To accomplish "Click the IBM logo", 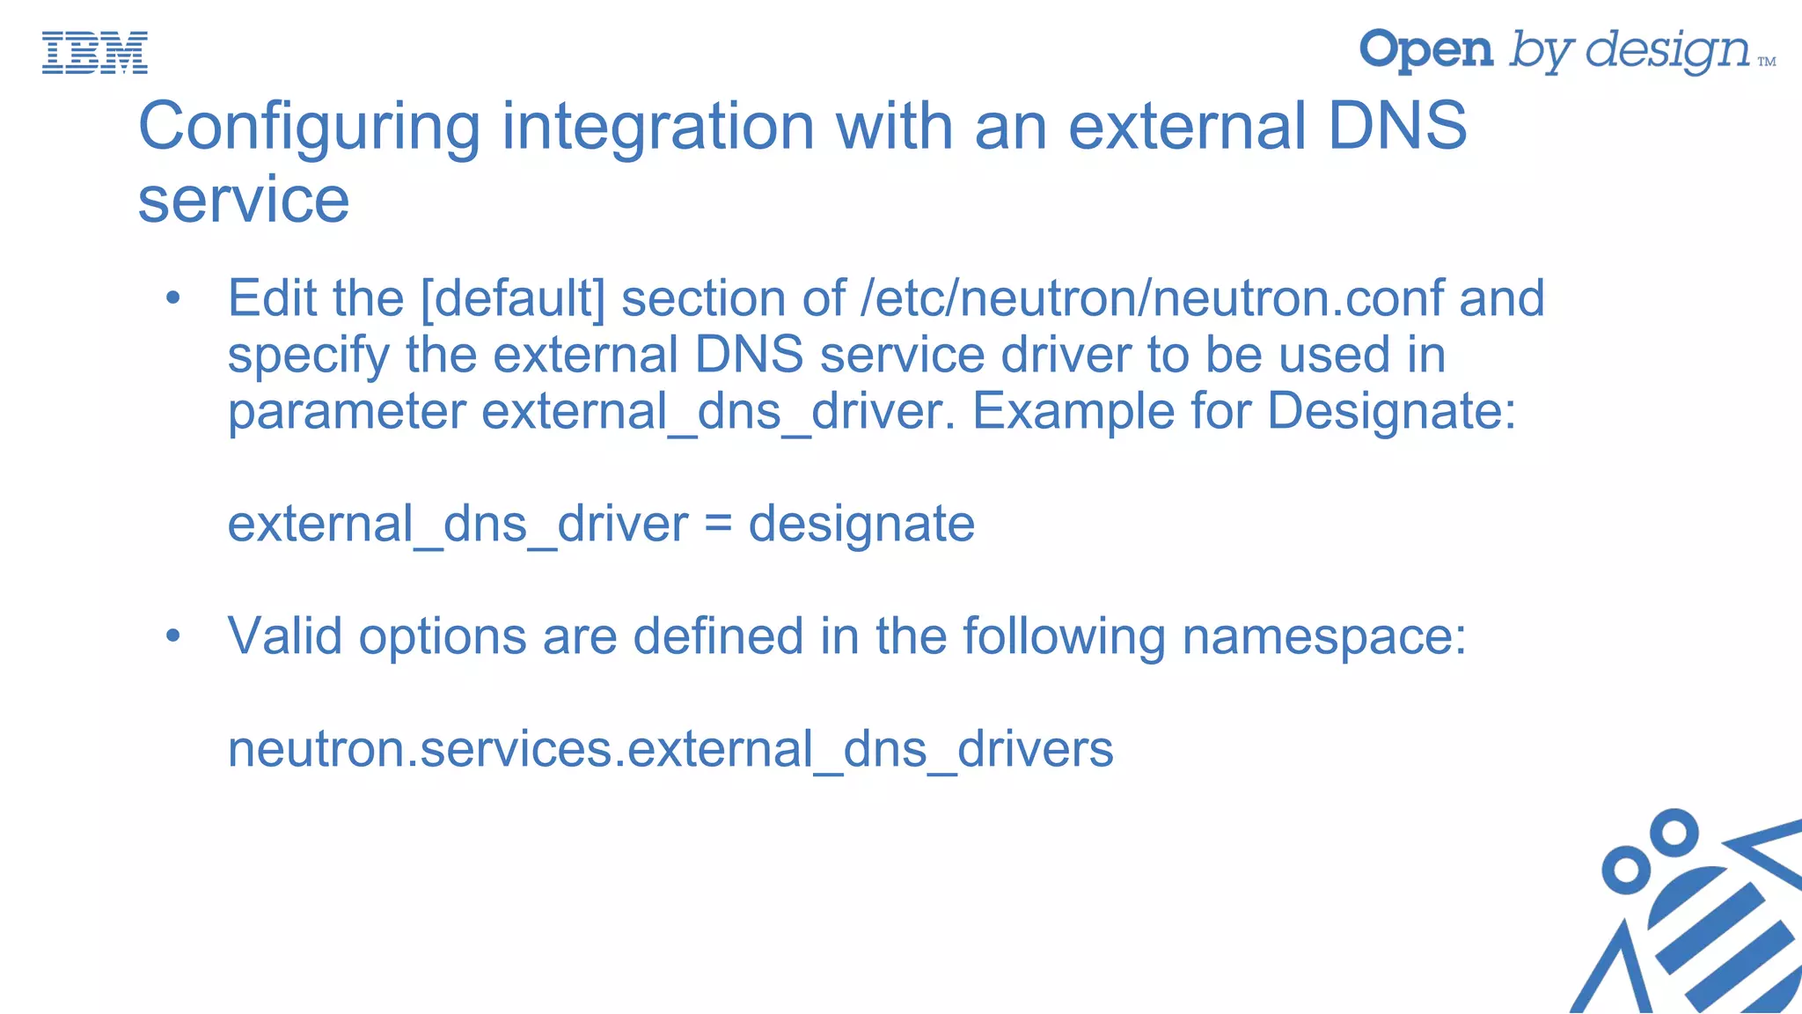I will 95,53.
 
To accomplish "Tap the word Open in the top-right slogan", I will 1425,50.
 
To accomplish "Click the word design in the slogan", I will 1667,51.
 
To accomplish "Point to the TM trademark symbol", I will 1766,62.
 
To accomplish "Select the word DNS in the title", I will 1396,126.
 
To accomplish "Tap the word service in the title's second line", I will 244,200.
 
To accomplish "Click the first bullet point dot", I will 172,298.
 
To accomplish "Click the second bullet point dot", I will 172,636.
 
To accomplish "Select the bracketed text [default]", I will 513,298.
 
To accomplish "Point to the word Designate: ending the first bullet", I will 1391,411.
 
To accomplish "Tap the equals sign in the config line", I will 718,525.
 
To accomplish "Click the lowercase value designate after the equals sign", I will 861,525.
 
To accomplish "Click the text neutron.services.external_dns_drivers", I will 670,749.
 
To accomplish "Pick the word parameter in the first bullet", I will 347,411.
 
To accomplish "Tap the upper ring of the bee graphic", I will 1673,832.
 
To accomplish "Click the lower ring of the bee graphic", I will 1627,870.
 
